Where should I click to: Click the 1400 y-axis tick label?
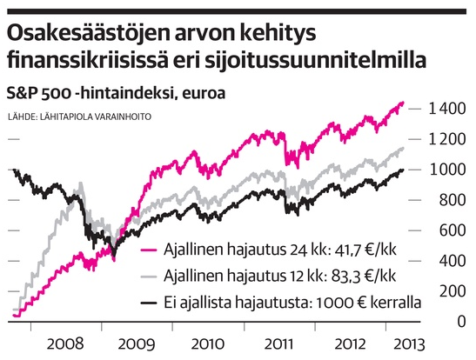[x=446, y=109]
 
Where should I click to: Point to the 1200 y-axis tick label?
[x=446, y=139]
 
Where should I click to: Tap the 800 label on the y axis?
[x=452, y=200]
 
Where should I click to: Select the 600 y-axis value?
[x=452, y=230]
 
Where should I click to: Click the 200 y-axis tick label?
[x=452, y=291]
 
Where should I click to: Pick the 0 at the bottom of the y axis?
[x=461, y=321]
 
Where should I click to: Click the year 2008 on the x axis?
[x=65, y=344]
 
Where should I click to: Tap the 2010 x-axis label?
[x=208, y=344]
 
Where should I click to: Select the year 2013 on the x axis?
[x=409, y=344]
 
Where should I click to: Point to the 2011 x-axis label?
[x=279, y=344]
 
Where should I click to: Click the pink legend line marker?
[x=149, y=250]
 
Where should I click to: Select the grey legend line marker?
[x=149, y=277]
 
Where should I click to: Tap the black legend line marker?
[x=149, y=303]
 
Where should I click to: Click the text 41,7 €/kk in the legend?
[x=365, y=250]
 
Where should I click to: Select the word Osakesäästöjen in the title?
[x=87, y=34]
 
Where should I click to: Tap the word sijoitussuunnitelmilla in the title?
[x=314, y=60]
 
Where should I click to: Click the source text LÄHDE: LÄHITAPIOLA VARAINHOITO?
[x=79, y=117]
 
